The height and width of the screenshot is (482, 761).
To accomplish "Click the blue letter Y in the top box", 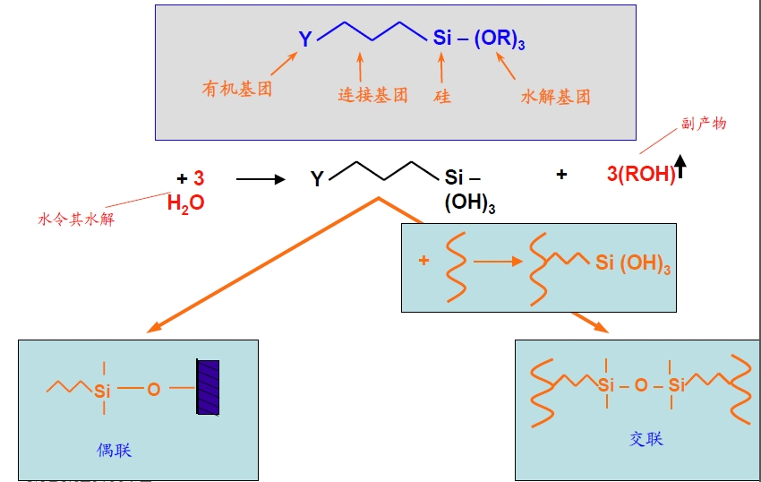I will click(x=306, y=39).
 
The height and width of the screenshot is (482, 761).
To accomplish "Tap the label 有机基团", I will click(x=237, y=89).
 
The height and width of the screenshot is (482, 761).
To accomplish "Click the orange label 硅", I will click(x=442, y=96).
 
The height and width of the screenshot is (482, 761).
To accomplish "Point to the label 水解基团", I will click(x=555, y=97).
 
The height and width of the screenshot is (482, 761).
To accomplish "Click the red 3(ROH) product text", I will click(x=641, y=174).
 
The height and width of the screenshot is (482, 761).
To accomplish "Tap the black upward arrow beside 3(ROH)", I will click(x=680, y=167).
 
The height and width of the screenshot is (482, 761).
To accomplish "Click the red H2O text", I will click(x=185, y=203).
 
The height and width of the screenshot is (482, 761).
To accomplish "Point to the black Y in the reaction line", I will click(x=317, y=179).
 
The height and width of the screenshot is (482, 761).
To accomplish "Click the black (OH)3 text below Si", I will click(x=470, y=204).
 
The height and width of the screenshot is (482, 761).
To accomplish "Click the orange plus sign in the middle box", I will click(x=423, y=261).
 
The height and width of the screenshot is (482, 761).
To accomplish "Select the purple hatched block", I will click(x=208, y=386).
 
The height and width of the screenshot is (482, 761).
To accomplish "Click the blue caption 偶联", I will click(x=115, y=450).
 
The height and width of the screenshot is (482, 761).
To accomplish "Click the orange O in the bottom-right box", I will click(x=640, y=385).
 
